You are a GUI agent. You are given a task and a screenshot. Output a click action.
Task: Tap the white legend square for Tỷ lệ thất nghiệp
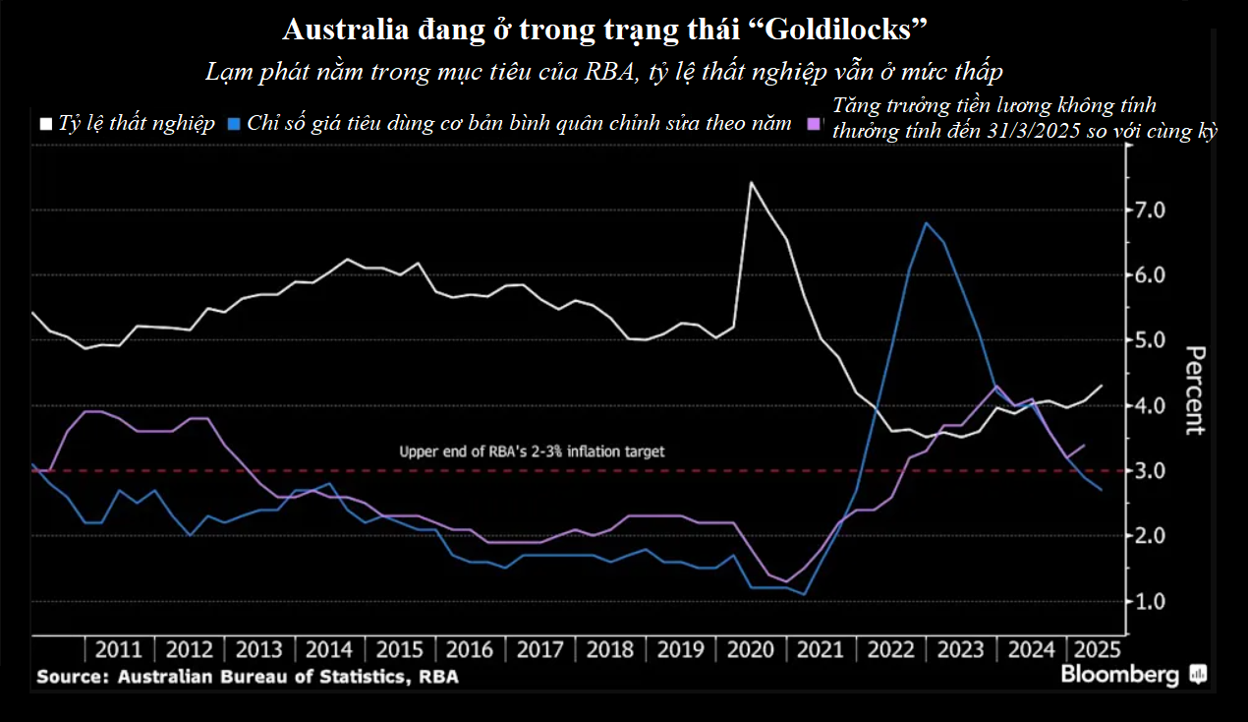pos(45,125)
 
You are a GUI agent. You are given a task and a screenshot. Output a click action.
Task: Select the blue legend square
pos(233,125)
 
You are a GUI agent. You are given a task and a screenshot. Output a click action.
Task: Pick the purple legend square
pos(813,125)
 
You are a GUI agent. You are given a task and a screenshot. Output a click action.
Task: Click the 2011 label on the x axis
pos(120,650)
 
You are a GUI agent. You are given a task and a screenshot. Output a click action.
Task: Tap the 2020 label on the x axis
pos(749,650)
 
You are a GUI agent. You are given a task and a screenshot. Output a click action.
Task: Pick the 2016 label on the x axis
pos(469,650)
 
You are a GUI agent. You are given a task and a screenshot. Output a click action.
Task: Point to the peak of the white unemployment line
pos(751,182)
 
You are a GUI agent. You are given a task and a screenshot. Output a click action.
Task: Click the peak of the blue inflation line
pos(926,222)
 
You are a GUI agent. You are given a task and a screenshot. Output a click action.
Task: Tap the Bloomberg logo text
pos(1119,676)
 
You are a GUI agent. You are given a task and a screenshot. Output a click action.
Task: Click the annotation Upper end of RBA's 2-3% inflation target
pos(532,451)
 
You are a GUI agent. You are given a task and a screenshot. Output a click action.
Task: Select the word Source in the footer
pos(72,677)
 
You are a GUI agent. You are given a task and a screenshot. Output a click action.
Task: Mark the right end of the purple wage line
pos(1084,445)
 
